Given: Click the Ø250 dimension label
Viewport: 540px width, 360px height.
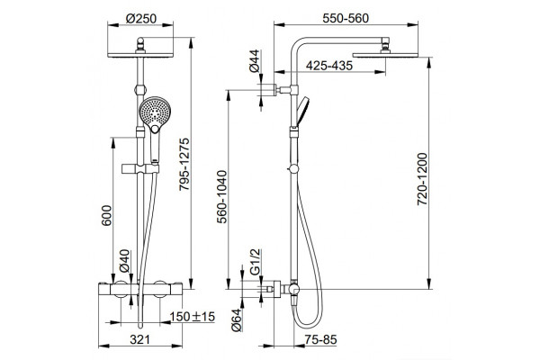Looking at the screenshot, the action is [141, 18].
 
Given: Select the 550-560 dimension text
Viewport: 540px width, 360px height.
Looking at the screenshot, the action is [346, 18].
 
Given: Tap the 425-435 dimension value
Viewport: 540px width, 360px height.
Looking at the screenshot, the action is [329, 66].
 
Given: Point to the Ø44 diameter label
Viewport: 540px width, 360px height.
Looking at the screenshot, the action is [254, 61].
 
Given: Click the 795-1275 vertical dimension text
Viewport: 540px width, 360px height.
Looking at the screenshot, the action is [184, 164].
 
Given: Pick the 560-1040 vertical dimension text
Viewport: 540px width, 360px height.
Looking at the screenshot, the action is [222, 197].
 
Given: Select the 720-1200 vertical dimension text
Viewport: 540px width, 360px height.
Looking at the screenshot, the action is [422, 179].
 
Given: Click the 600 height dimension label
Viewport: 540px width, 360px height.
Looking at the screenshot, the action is [107, 215].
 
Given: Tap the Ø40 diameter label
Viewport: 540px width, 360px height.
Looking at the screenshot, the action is [124, 261].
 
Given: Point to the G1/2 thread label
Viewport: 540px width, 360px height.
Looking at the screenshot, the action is [256, 262].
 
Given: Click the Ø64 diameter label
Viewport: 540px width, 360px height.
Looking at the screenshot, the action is [237, 320].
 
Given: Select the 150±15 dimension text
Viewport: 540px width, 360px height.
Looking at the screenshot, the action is [193, 316].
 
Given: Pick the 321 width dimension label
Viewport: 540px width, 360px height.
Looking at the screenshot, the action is [140, 339].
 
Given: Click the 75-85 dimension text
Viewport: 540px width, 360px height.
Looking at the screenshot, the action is [320, 339].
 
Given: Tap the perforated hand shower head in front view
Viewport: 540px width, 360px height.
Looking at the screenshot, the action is [155, 112].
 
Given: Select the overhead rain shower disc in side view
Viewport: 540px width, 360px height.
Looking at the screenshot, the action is [385, 55].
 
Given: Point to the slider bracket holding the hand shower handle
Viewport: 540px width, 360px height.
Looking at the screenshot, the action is [140, 169].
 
